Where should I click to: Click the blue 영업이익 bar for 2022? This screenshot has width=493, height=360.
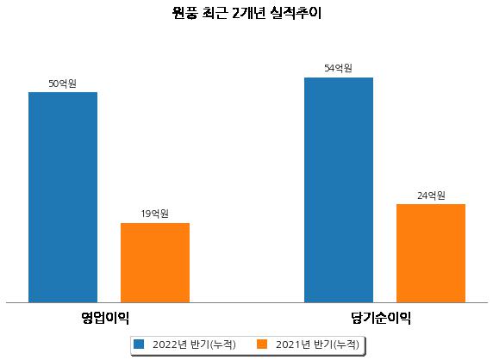[x=63, y=197]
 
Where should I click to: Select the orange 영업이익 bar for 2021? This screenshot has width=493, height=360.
[x=155, y=263]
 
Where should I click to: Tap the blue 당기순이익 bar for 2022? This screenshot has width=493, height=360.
[x=339, y=190]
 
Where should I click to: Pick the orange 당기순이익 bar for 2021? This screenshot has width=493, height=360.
[x=431, y=253]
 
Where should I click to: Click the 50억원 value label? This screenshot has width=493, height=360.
[x=62, y=84]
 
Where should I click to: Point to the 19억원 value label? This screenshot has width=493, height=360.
[x=154, y=214]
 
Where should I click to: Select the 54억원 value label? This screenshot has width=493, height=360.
[x=339, y=68]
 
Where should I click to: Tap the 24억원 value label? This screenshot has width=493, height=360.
[x=431, y=196]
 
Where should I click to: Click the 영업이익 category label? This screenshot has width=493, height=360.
[x=105, y=318]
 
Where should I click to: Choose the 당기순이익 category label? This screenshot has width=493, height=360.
[x=381, y=318]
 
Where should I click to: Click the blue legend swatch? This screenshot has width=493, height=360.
[x=139, y=344]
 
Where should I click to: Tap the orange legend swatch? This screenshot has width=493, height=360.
[x=262, y=344]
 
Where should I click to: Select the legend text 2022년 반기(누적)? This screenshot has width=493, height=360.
[x=194, y=344]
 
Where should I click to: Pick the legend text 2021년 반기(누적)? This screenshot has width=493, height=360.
[x=317, y=344]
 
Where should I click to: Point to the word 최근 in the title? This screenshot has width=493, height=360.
[x=214, y=13]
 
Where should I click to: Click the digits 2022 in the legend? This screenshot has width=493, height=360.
[x=165, y=344]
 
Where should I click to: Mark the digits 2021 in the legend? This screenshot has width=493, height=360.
[x=289, y=344]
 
